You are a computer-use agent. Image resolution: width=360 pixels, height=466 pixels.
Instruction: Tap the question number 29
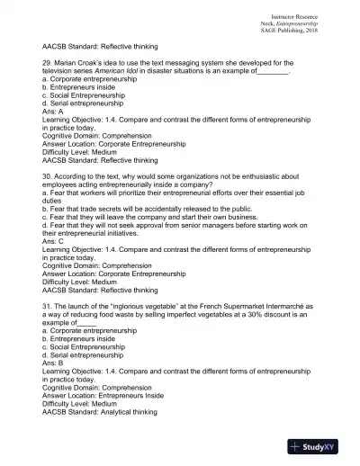click(48, 63)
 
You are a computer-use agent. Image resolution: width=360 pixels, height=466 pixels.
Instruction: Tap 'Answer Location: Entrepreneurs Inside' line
click(103, 394)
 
